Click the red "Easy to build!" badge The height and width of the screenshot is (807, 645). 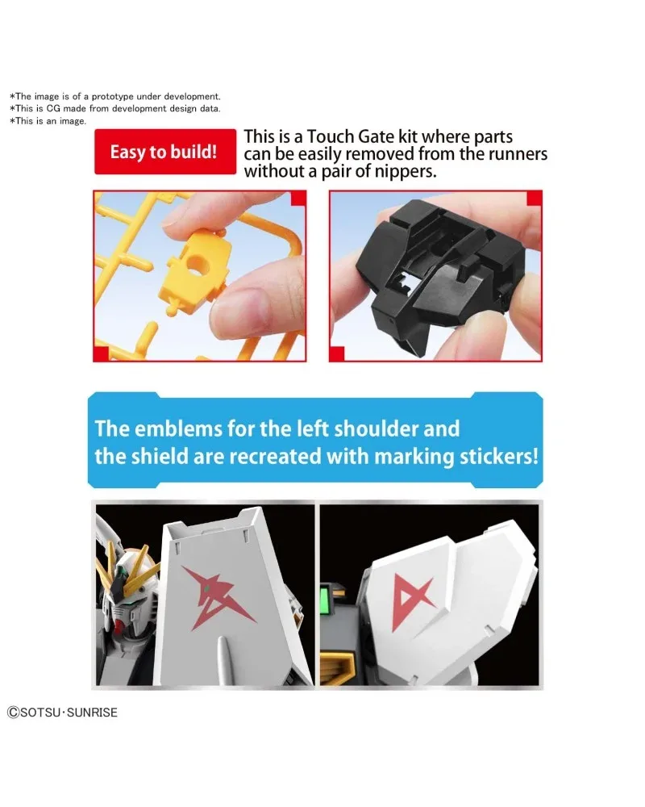(165, 152)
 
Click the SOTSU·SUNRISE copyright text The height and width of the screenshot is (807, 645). (62, 713)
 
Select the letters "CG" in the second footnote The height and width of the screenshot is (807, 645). (53, 109)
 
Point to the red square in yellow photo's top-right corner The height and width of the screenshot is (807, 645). (298, 199)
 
